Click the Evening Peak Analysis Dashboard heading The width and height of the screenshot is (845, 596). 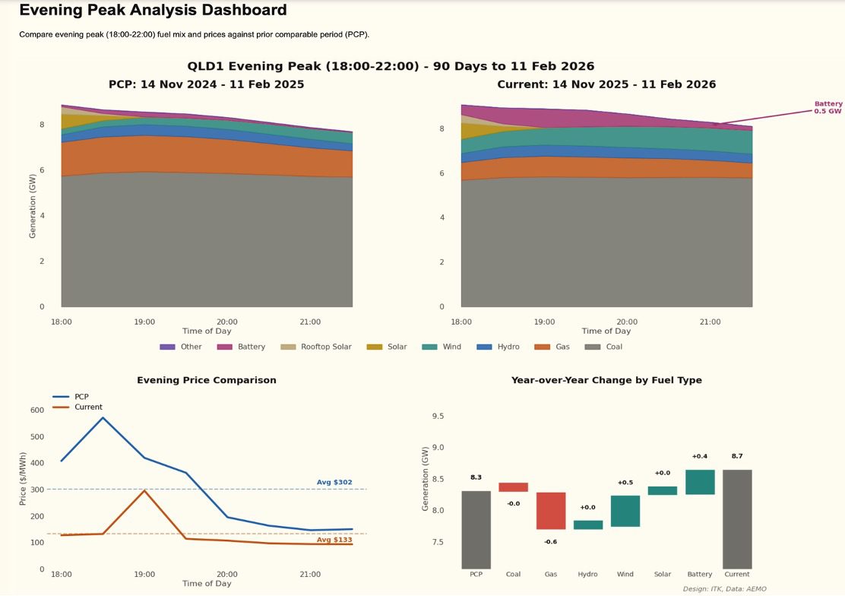point(153,11)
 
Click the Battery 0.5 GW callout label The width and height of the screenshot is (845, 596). point(828,107)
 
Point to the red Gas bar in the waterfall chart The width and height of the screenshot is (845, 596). point(551,511)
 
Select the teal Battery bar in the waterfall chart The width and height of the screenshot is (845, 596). point(699,482)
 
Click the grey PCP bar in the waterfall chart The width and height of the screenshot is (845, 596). point(476,530)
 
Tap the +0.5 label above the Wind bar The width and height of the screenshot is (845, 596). point(625,482)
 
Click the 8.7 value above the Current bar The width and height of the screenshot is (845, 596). point(736,456)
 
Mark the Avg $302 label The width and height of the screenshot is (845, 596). point(334,482)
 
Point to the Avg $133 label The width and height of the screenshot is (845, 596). point(334,540)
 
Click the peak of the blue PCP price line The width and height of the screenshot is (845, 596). point(103,417)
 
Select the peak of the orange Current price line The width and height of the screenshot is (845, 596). point(144,490)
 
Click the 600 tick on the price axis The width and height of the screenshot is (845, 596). point(36,410)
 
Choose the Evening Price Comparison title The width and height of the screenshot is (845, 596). point(206,380)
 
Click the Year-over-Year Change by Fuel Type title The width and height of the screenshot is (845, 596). point(606,380)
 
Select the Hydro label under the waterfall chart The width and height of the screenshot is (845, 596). point(587,575)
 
